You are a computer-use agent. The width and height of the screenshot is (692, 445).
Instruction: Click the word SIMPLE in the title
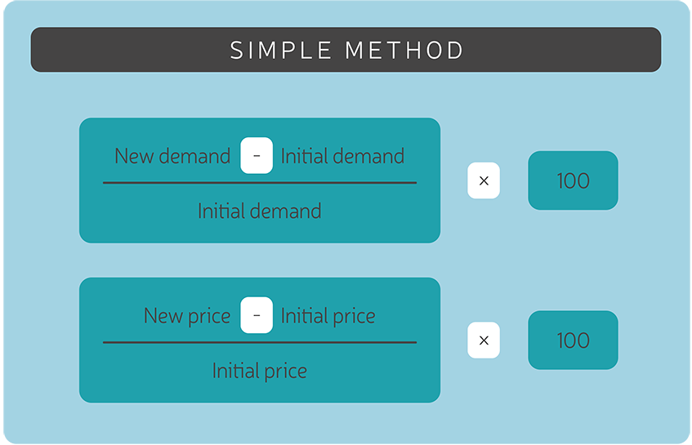[x=282, y=51]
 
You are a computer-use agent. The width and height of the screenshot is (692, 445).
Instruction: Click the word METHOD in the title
[x=404, y=51]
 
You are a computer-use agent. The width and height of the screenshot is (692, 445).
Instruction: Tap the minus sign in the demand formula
[x=257, y=156]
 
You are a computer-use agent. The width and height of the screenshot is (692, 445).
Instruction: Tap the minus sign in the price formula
[x=257, y=316]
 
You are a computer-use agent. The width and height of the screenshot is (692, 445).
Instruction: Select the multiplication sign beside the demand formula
[x=484, y=180]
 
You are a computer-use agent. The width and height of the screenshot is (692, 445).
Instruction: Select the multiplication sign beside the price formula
[x=484, y=340]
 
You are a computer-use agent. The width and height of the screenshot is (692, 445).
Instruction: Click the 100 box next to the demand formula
[x=573, y=180]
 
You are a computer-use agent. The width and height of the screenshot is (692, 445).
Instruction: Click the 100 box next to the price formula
[x=573, y=340]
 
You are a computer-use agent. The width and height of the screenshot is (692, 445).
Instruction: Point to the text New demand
[x=172, y=156]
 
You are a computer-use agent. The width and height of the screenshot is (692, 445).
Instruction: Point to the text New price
[x=187, y=316]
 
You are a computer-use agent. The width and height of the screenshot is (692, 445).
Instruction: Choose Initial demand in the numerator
[x=342, y=156]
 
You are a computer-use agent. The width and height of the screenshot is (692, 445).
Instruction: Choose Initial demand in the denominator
[x=259, y=211]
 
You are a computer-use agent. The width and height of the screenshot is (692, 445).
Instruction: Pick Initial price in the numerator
[x=328, y=316]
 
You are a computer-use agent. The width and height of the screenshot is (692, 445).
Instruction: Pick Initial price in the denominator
[x=259, y=371]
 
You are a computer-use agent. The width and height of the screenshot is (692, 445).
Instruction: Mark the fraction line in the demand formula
[x=259, y=183]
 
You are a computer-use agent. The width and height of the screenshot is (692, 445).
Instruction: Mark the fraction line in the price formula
[x=259, y=343]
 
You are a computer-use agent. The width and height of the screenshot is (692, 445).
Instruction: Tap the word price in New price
[x=210, y=317]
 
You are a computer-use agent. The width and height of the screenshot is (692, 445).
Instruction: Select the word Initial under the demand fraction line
[x=219, y=211]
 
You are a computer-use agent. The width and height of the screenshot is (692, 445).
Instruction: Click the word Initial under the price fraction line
[x=234, y=371]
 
